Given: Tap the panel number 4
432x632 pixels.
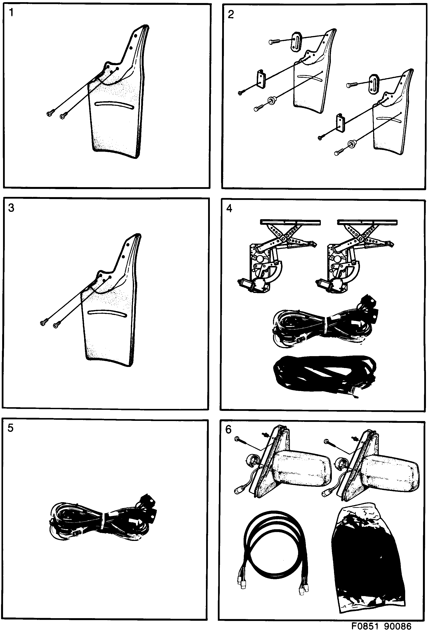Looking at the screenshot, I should click(x=229, y=209).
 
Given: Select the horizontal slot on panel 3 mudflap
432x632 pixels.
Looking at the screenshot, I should click(x=108, y=313).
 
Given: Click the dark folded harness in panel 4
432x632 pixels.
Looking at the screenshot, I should click(x=324, y=374).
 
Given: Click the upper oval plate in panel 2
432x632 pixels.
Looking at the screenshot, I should click(x=296, y=41).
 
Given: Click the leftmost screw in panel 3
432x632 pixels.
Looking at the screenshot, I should click(x=43, y=323).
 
